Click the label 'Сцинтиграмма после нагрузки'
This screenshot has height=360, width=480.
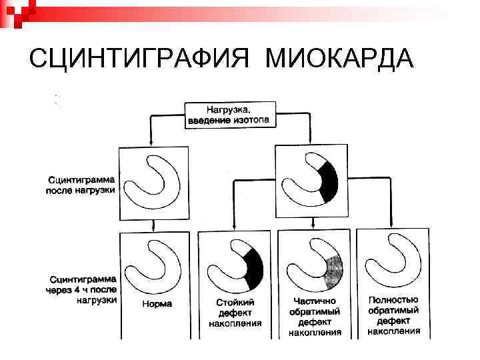pyautogui.click(x=81, y=185)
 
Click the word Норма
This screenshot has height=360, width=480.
pyautogui.click(x=157, y=303)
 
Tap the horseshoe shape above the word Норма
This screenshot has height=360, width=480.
pyautogui.click(x=151, y=263)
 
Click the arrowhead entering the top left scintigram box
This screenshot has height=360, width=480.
pyautogui.click(x=152, y=144)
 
